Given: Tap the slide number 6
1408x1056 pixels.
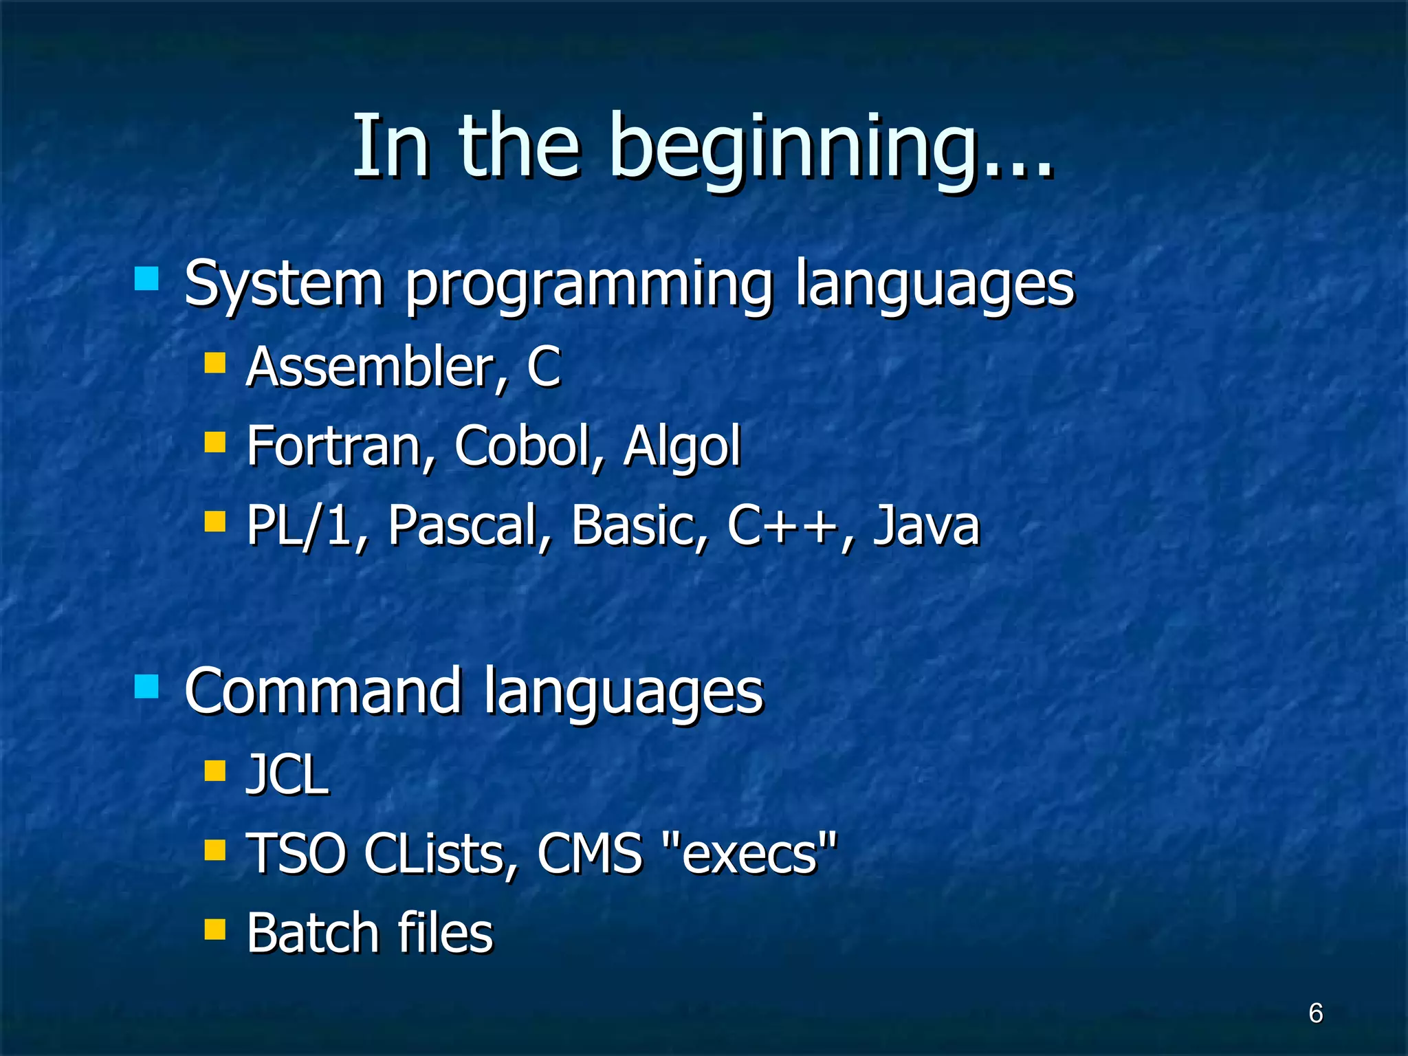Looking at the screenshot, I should click(x=1315, y=1013).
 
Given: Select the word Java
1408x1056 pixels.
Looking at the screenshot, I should click(x=925, y=525).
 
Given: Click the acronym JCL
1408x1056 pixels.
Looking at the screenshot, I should click(x=287, y=775).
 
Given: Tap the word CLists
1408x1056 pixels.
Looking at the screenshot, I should click(x=440, y=854).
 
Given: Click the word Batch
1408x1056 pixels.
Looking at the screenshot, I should click(x=312, y=933).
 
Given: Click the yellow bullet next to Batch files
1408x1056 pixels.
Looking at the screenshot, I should click(x=215, y=929).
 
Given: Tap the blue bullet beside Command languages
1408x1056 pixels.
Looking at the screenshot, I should click(x=146, y=685).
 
